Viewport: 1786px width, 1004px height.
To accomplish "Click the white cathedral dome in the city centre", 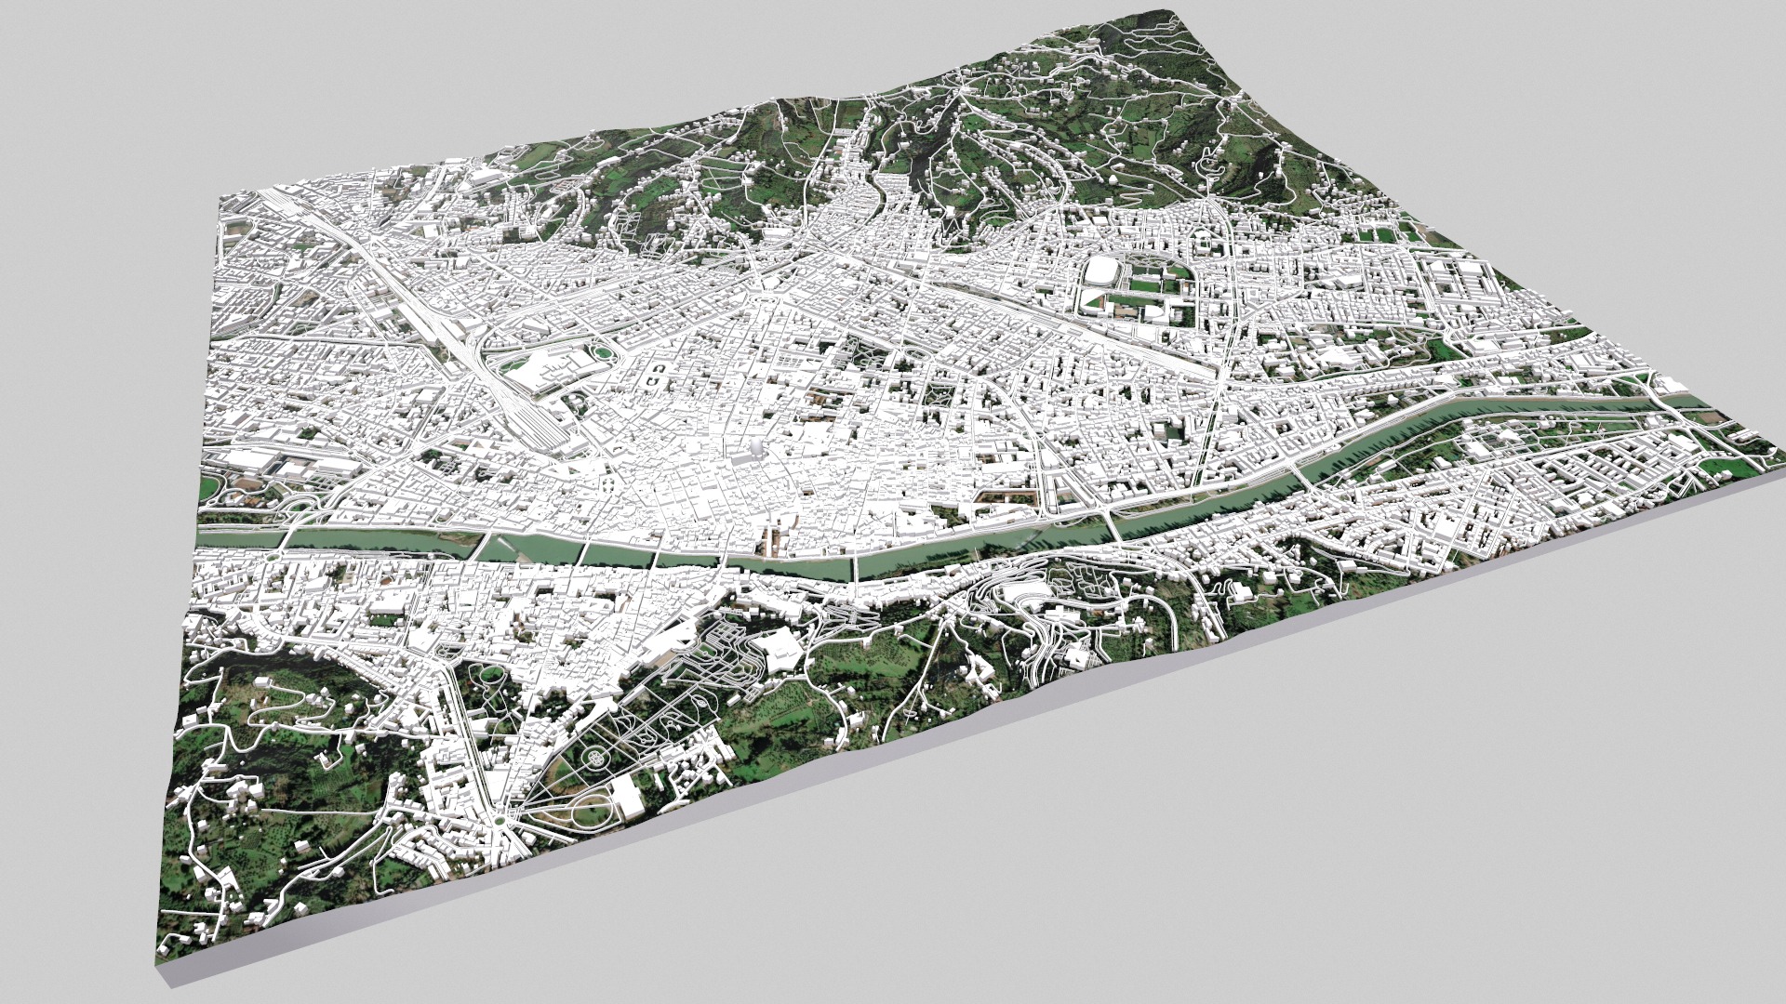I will [x=755, y=450].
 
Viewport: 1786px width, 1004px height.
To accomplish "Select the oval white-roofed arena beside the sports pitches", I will [x=1103, y=272].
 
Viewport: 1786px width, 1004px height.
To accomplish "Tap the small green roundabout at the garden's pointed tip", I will [x=500, y=820].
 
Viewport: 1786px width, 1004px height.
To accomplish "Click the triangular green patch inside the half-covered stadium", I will [x=1090, y=298].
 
